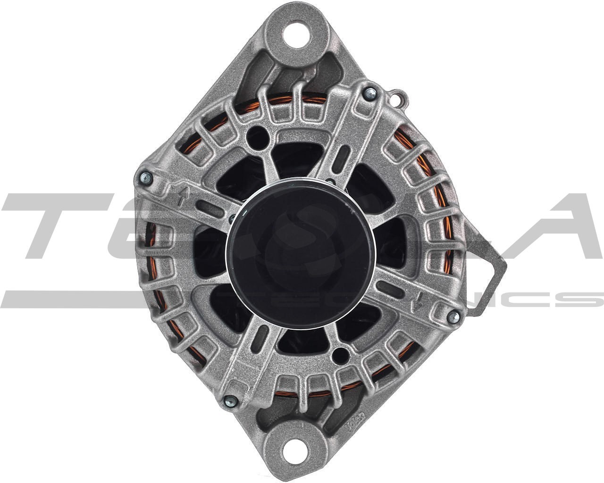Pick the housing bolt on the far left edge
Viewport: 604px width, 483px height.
click(x=146, y=178)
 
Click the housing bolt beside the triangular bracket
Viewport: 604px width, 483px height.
click(x=454, y=317)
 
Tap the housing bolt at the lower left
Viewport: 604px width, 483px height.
click(x=231, y=401)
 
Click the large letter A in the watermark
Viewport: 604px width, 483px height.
click(x=552, y=226)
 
